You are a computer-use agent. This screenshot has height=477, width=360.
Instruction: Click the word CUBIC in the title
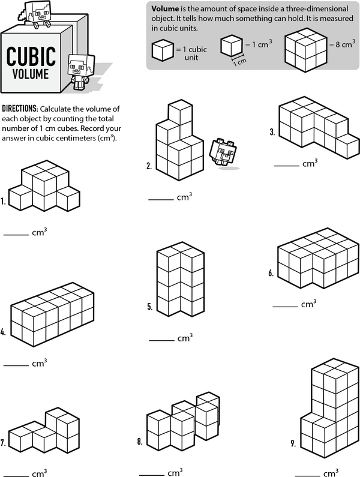click(31, 56)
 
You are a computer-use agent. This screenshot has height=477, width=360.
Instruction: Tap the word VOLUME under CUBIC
click(31, 74)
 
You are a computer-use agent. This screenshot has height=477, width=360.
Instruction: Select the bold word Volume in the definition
click(165, 8)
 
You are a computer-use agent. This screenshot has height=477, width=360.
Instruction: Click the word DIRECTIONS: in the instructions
click(20, 108)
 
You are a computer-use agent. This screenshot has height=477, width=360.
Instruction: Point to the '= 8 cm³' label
click(343, 44)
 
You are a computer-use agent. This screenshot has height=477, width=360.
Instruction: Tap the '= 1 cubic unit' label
click(191, 53)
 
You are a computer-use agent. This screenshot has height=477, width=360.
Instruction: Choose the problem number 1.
click(3, 202)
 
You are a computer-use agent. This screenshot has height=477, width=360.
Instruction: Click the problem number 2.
click(149, 166)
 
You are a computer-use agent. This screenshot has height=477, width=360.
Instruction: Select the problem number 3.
click(272, 132)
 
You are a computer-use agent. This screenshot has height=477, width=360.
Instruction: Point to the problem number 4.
click(3, 332)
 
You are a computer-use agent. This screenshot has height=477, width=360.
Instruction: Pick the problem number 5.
click(150, 307)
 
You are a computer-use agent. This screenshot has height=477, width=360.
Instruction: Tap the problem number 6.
click(271, 273)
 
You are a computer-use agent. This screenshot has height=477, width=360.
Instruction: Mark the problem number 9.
click(293, 443)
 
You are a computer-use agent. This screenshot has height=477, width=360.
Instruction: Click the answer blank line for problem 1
click(16, 235)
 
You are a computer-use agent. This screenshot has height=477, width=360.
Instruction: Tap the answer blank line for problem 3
click(286, 166)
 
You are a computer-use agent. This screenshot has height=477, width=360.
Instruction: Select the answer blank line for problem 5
click(161, 340)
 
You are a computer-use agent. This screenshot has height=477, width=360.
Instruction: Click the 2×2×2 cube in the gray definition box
click(305, 50)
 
